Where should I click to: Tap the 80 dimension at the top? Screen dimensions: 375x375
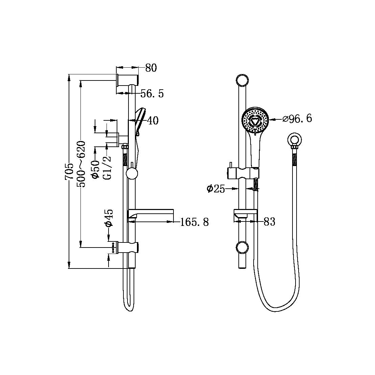[151, 68]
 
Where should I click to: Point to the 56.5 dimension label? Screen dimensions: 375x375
[152, 94]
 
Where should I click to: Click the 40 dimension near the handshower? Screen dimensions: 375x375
[153, 120]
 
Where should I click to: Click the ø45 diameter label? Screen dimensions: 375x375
[109, 218]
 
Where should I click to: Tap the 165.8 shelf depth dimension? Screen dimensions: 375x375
[194, 222]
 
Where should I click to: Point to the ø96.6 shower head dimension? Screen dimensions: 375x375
[297, 119]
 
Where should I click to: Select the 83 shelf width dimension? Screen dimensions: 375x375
[269, 222]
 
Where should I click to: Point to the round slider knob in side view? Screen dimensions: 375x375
[132, 174]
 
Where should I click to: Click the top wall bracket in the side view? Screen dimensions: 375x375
[128, 80]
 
